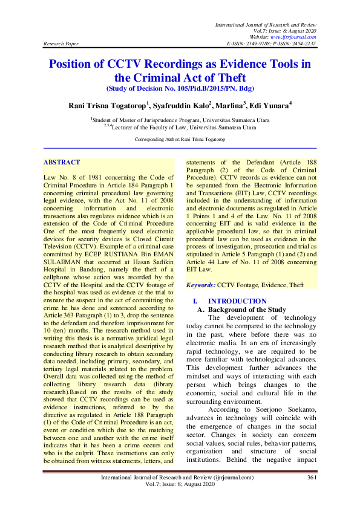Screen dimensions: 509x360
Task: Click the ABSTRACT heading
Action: click(x=61, y=163)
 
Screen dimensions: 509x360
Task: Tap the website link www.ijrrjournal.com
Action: click(x=291, y=36)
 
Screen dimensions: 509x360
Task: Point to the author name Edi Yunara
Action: click(x=269, y=105)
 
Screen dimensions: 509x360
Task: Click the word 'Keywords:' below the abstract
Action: click(x=200, y=284)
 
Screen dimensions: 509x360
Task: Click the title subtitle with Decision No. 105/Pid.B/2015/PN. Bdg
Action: click(x=180, y=88)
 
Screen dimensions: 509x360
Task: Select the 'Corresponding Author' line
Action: click(x=180, y=139)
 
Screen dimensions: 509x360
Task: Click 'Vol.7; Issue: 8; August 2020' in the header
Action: click(x=286, y=29)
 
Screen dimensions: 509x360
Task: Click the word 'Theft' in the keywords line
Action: click(x=296, y=284)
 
